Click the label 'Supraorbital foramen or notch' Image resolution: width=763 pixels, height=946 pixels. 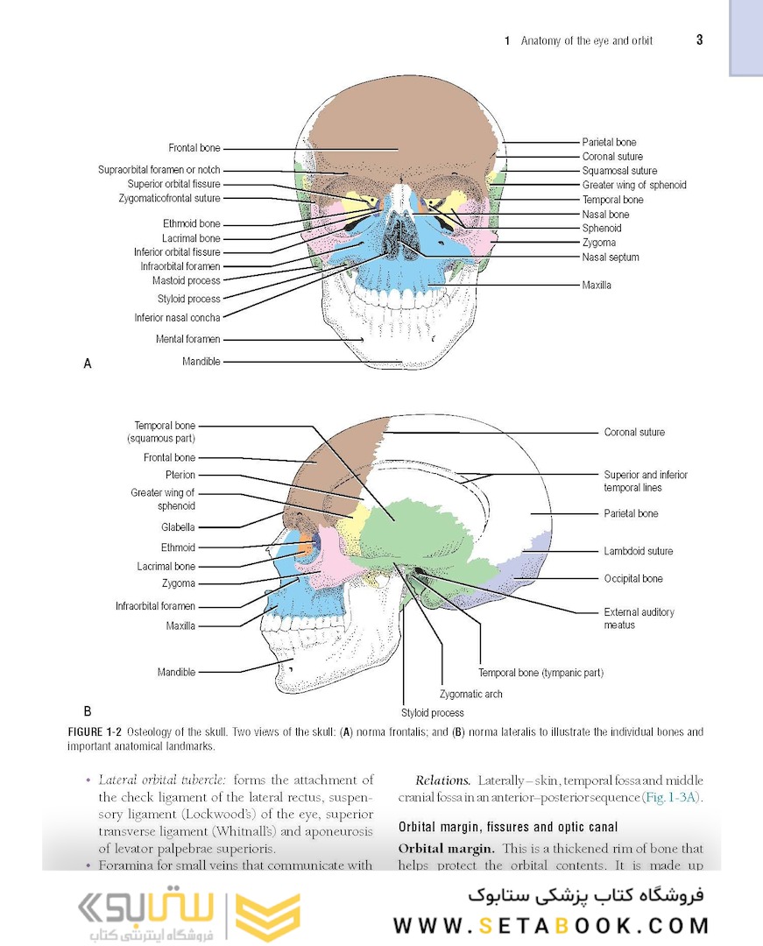[159, 170]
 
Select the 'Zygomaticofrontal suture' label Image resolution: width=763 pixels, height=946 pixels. [169, 198]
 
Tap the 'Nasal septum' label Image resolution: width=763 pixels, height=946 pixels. [611, 257]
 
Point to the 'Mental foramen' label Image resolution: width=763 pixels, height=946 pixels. [187, 339]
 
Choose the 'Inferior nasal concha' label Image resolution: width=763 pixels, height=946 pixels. [177, 317]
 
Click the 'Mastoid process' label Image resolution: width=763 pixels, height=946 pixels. [187, 280]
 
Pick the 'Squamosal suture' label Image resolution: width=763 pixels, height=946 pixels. [619, 171]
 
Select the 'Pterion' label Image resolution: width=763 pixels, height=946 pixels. [180, 475]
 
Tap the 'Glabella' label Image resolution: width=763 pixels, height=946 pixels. [178, 527]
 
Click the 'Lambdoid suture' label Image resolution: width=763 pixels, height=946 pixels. [638, 551]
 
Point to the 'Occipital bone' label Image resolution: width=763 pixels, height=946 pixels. [633, 579]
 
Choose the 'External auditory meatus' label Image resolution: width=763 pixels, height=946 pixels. [639, 618]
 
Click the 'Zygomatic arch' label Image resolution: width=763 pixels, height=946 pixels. [471, 694]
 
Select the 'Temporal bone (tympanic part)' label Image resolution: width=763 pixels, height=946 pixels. [541, 673]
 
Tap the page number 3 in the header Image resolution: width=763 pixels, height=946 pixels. [700, 39]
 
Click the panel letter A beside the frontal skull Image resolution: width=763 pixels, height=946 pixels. [88, 364]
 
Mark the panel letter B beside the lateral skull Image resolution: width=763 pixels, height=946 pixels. [88, 710]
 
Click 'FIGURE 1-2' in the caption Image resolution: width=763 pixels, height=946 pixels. [95, 731]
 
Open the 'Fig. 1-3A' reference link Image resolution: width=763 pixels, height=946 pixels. [672, 797]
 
